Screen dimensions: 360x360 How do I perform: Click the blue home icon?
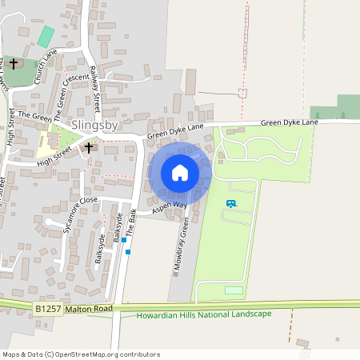pyautogui.click(x=180, y=173)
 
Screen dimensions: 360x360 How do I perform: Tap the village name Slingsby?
pyautogui.click(x=97, y=125)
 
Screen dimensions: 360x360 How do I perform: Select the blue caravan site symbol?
pyautogui.click(x=232, y=204)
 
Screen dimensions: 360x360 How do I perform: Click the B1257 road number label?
pyautogui.click(x=48, y=307)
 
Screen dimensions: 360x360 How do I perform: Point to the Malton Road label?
pyautogui.click(x=88, y=307)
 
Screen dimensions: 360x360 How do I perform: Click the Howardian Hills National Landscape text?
pyautogui.click(x=204, y=314)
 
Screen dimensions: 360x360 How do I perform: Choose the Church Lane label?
pyautogui.click(x=46, y=67)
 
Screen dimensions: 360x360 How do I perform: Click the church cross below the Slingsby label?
pyautogui.click(x=89, y=147)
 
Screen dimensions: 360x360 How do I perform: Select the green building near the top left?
pyautogui.click(x=46, y=36)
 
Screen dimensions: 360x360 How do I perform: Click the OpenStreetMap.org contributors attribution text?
pyautogui.click(x=107, y=354)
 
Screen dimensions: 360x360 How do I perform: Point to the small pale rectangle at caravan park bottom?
pyautogui.click(x=234, y=290)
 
